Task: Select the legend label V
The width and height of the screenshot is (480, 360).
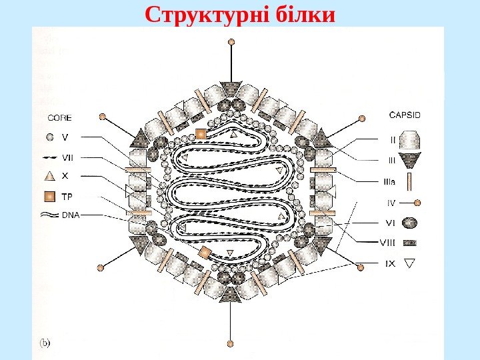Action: click(65, 138)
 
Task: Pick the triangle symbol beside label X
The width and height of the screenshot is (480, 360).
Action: click(49, 177)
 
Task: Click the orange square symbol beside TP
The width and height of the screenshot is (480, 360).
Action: click(49, 197)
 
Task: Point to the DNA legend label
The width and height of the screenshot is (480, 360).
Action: click(70, 215)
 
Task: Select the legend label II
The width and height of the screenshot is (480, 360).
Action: click(393, 139)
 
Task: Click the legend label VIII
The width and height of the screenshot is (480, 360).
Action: click(387, 243)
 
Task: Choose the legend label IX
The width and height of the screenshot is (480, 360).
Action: click(390, 263)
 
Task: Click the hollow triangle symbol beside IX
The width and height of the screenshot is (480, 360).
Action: click(411, 263)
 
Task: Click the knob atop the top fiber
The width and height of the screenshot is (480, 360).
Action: click(231, 41)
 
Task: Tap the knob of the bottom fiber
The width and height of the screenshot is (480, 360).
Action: click(231, 344)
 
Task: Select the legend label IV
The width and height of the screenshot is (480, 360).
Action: click(392, 201)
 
